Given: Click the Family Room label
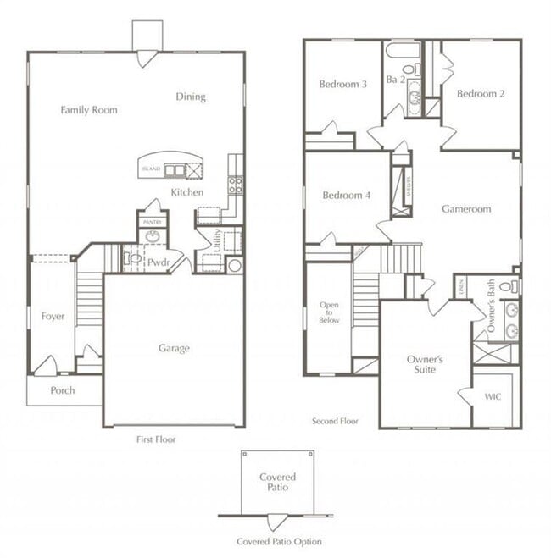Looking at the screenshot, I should [89, 110].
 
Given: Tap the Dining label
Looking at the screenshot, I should [191, 97].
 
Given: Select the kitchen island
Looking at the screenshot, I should [172, 169].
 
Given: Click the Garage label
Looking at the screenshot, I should [174, 348].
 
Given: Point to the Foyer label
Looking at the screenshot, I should [53, 317].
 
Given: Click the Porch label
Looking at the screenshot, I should [62, 390].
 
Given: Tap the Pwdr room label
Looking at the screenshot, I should [158, 263].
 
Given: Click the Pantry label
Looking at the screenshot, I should [152, 222].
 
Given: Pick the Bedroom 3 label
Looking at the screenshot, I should [342, 84].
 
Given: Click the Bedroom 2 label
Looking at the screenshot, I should [481, 94].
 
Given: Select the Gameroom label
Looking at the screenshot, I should [466, 209].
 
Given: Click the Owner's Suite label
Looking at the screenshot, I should [425, 364].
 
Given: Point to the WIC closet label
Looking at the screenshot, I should [493, 395].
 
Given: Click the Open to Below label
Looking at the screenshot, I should [329, 312].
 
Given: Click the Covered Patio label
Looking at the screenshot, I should [277, 482].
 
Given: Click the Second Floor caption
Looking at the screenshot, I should [335, 421].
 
